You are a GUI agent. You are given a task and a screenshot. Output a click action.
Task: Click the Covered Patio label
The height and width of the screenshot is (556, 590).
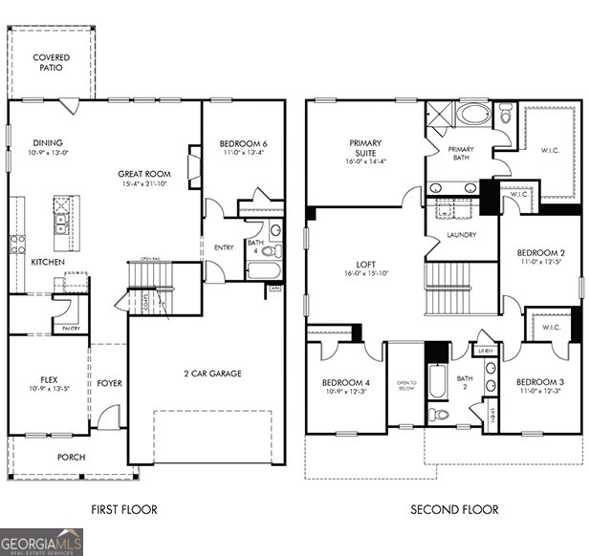pyautogui.click(x=51, y=63)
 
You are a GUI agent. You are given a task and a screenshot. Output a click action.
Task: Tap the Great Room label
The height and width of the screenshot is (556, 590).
pyautogui.click(x=144, y=174)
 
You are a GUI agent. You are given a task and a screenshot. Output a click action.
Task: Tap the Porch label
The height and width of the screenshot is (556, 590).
pyautogui.click(x=71, y=458)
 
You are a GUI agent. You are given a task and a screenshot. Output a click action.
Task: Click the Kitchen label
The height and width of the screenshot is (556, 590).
pyautogui.click(x=48, y=262)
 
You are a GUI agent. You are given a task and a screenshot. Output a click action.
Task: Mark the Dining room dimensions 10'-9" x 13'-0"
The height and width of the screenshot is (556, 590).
pyautogui.click(x=49, y=153)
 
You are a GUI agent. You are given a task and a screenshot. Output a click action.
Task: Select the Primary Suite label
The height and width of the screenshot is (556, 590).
pyautogui.click(x=365, y=148)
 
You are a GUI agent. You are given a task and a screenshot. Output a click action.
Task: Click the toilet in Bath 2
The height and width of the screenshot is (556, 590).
pyautogui.click(x=438, y=414)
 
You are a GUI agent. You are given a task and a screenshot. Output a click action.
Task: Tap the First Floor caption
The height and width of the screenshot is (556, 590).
pyautogui.click(x=124, y=510)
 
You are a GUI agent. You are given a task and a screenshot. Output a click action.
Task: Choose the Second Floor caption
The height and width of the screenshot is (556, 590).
pyautogui.click(x=454, y=510)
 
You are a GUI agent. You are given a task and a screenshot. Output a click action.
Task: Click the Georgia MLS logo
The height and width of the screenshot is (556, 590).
pyautogui.click(x=42, y=542)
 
